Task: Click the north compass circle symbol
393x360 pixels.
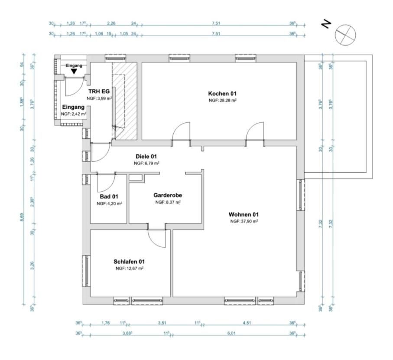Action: [x=345, y=34]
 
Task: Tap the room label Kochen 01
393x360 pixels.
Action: [x=222, y=94]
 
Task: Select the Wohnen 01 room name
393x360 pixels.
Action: [x=244, y=214]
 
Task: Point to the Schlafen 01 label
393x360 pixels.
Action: [x=129, y=262]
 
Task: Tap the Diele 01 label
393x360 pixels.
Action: [x=147, y=157]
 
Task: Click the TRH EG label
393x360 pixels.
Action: [x=99, y=92]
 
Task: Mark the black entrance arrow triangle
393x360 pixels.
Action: [x=75, y=71]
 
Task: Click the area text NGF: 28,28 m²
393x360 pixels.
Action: [x=222, y=100]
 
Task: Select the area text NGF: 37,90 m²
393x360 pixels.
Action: [x=244, y=221]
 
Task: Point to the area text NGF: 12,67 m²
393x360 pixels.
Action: [x=129, y=268]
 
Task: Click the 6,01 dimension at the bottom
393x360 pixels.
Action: [x=234, y=333]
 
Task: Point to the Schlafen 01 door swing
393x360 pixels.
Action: [x=155, y=238]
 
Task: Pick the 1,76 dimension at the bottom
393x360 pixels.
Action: [x=105, y=323]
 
